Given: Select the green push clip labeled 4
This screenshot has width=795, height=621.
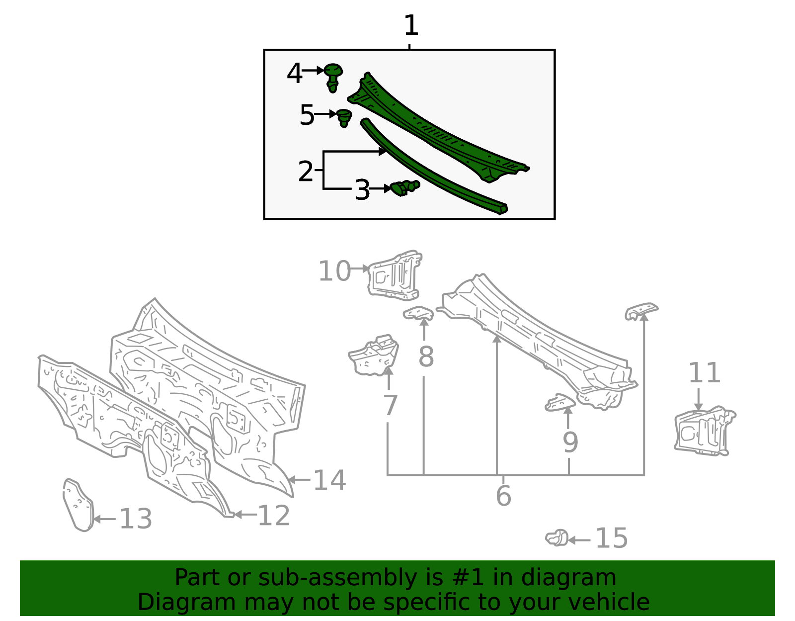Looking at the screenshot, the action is [333, 78].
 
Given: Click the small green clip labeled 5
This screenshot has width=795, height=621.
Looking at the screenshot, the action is [344, 118].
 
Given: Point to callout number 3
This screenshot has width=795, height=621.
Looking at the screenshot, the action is [362, 189].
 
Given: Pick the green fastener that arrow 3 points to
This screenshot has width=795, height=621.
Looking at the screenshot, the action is [405, 187].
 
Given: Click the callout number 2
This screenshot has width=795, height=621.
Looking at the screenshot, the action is [306, 171].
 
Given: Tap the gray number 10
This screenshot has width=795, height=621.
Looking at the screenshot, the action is [334, 271].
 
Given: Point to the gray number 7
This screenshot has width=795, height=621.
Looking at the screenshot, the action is [390, 405].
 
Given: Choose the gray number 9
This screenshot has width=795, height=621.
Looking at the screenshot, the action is [570, 442].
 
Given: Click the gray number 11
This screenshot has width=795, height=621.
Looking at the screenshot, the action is [704, 372].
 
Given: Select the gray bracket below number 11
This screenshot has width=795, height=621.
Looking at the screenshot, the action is [704, 431].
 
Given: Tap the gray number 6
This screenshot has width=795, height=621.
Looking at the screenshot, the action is [503, 496].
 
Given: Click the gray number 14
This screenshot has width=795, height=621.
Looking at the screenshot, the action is [329, 480].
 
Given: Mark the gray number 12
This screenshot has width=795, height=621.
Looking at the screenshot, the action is [274, 516].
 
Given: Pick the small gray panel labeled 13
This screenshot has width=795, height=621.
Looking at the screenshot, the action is [79, 505].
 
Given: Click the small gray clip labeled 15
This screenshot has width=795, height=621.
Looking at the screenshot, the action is [556, 538].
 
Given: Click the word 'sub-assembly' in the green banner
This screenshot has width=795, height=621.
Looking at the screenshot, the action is [337, 578].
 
